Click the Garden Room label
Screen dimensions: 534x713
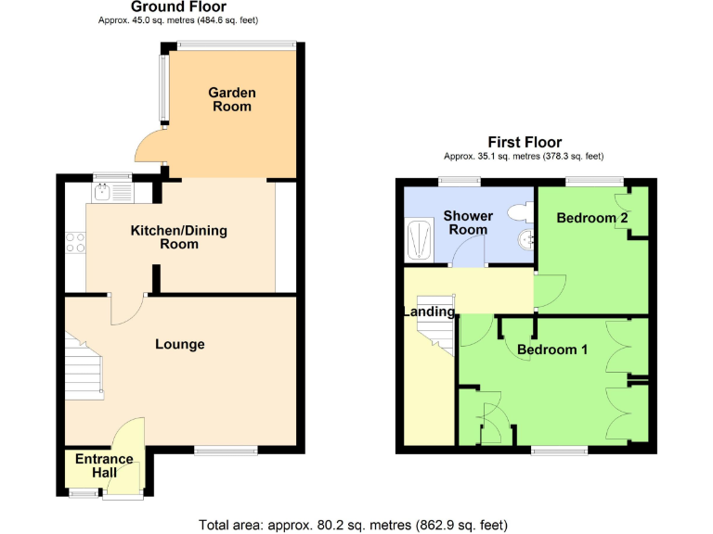[x=231, y=99]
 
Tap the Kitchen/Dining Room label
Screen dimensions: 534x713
[x=178, y=237]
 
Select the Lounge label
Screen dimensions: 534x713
[x=179, y=345]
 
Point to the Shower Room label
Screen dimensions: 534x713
[x=468, y=222]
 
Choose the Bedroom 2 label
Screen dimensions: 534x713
[x=592, y=218]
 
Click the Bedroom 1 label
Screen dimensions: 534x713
[x=552, y=350]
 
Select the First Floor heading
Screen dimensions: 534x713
[x=525, y=142]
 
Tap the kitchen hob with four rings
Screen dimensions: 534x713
[x=75, y=243]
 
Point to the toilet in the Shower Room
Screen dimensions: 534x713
[x=520, y=211]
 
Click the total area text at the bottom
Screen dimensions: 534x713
[x=354, y=525]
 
